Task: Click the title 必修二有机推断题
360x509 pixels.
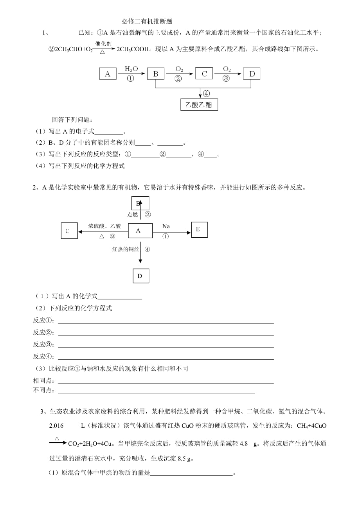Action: pyautogui.click(x=147, y=22)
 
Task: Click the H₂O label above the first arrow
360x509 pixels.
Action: pyautogui.click(x=131, y=69)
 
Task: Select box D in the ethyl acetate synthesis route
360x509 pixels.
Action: pyautogui.click(x=251, y=73)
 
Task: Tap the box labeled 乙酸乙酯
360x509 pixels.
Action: pyautogui.click(x=199, y=105)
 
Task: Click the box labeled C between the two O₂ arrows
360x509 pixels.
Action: pyautogui.click(x=204, y=73)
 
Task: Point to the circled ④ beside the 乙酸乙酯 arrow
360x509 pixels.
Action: pyautogui.click(x=206, y=93)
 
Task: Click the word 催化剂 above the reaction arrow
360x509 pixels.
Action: pyautogui.click(x=103, y=43)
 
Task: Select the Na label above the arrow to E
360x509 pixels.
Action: pyautogui.click(x=166, y=226)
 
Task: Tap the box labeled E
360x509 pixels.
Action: pyautogui.click(x=199, y=229)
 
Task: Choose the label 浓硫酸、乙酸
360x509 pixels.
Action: pyautogui.click(x=104, y=226)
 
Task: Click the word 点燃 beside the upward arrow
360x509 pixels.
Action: pyautogui.click(x=133, y=214)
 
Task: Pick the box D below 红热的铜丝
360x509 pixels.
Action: pyautogui.click(x=140, y=276)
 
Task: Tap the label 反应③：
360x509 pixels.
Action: pyautogui.click(x=44, y=344)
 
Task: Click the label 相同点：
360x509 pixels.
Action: pyautogui.click(x=44, y=381)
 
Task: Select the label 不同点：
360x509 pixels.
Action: pyautogui.click(x=44, y=390)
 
